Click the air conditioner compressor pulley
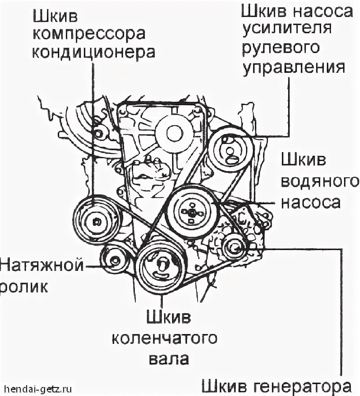96,220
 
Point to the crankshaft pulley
161,269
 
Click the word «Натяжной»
42,264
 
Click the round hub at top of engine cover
173,132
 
